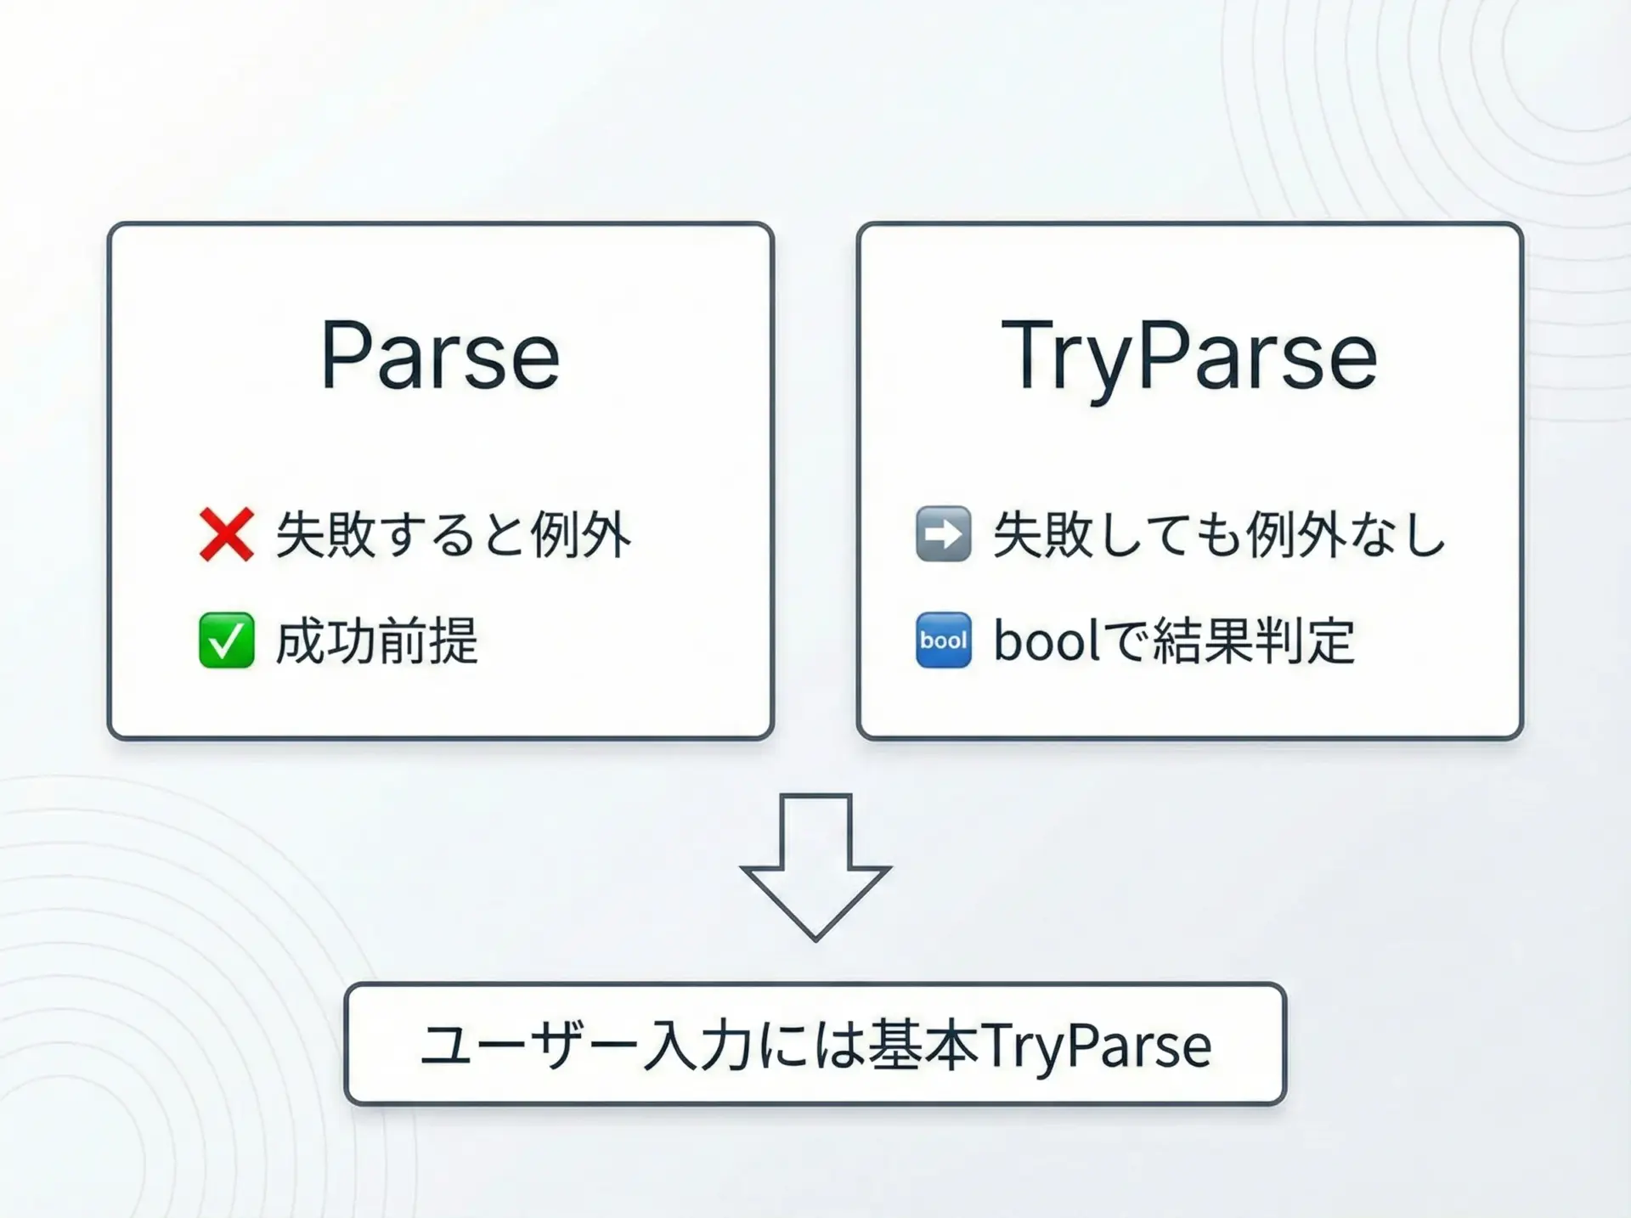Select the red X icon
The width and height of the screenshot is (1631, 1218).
click(226, 535)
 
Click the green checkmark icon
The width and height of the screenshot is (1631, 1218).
click(226, 640)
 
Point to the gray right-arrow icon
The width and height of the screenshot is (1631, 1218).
click(943, 534)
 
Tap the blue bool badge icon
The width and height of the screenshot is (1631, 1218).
click(943, 640)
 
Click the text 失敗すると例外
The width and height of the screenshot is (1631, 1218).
click(454, 535)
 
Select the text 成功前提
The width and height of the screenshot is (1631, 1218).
click(377, 640)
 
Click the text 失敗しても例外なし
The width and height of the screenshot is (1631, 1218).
click(1220, 535)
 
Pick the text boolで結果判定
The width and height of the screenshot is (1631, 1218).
click(1174, 640)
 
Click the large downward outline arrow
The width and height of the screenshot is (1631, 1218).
click(815, 867)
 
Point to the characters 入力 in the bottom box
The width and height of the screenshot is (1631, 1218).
click(697, 1045)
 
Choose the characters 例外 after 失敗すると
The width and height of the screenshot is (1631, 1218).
click(581, 535)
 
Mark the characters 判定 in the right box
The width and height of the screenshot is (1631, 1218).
click(1305, 640)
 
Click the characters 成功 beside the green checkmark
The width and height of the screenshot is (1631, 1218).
click(326, 640)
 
